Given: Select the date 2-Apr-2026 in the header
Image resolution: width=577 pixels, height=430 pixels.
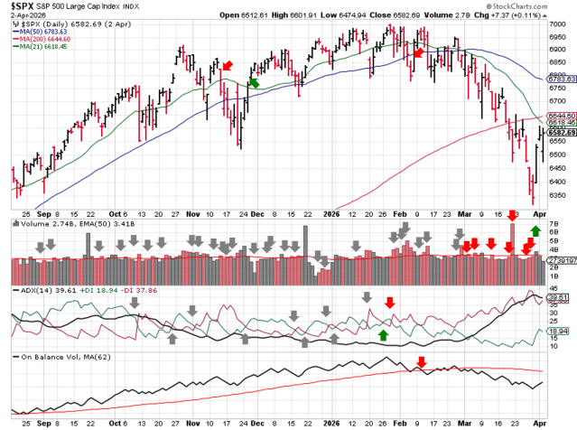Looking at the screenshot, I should click(28, 15).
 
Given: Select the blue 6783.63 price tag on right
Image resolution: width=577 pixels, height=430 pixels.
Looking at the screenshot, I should click(561, 79).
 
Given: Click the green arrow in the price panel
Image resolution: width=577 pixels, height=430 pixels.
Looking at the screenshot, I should click(254, 82).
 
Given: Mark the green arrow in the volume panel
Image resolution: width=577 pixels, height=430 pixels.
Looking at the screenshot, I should click(535, 232).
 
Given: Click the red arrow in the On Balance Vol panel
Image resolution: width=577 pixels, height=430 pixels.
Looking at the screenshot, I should click(421, 364).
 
